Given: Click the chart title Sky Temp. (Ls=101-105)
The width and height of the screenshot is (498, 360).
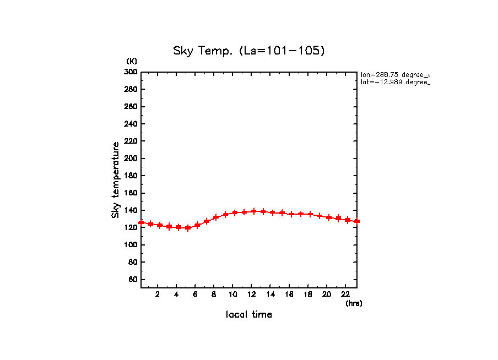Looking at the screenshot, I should pyautogui.click(x=249, y=51).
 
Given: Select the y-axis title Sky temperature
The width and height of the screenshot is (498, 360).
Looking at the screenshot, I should pyautogui.click(x=116, y=179).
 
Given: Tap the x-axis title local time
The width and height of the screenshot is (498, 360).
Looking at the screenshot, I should pyautogui.click(x=248, y=314).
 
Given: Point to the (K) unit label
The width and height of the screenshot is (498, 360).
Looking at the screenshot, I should pyautogui.click(x=132, y=61).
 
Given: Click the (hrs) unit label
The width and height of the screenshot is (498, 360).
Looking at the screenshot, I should pyautogui.click(x=354, y=303).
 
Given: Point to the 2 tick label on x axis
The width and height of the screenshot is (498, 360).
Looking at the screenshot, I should pyautogui.click(x=158, y=294).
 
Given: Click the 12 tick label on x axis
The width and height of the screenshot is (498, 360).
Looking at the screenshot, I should pyautogui.click(x=252, y=294).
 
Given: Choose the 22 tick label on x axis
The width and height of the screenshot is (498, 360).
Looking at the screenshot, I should pyautogui.click(x=345, y=294).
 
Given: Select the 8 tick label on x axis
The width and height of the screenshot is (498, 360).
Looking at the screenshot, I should pyautogui.click(x=214, y=294).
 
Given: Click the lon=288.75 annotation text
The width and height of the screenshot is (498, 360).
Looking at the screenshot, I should pyautogui.click(x=394, y=74).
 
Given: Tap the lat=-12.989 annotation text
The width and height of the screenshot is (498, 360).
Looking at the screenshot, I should pyautogui.click(x=394, y=82).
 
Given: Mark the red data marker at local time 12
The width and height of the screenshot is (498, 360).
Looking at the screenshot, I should pyautogui.click(x=254, y=211).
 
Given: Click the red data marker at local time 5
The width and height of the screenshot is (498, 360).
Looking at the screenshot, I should pyautogui.click(x=188, y=227).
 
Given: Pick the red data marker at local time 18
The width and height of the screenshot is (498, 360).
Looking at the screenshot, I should pyautogui.click(x=310, y=214).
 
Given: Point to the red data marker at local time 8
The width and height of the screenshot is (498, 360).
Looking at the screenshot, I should pyautogui.click(x=216, y=217).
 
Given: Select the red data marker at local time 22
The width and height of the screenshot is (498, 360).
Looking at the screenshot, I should pyautogui.click(x=348, y=220).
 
